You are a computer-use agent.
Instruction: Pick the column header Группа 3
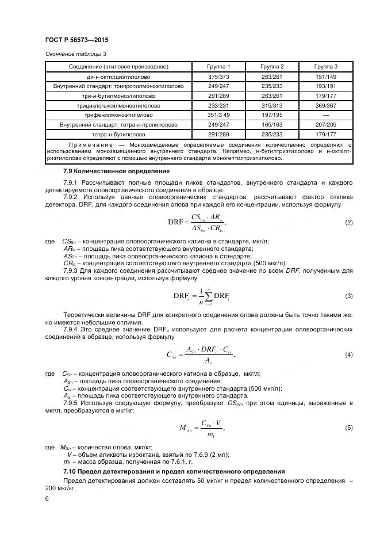click(x=325, y=67)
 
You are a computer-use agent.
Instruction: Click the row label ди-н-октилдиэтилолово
click(x=118, y=77)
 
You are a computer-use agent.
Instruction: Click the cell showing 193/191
click(x=325, y=86)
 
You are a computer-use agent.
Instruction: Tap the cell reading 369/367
click(x=325, y=105)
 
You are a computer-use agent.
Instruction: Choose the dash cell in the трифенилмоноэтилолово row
click(x=325, y=115)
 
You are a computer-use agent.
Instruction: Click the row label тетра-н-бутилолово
click(x=118, y=134)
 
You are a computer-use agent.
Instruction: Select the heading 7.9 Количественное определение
click(x=116, y=171)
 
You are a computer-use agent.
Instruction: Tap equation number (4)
click(x=348, y=354)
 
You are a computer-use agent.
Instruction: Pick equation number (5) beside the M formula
click(x=348, y=428)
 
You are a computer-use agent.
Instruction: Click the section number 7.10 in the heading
click(x=70, y=472)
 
